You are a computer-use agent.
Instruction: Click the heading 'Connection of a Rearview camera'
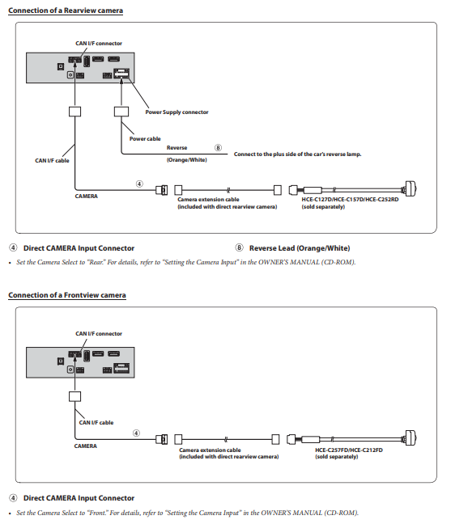click(66, 11)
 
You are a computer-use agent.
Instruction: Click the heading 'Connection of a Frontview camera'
click(67, 295)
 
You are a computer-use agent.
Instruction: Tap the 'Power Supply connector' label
click(177, 112)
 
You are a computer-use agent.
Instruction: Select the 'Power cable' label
click(145, 139)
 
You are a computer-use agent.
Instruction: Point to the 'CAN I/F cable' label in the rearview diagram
click(52, 161)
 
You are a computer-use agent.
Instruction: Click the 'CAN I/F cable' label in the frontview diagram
click(96, 423)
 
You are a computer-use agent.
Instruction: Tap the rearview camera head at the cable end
click(411, 190)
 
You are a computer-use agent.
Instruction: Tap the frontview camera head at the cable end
click(411, 438)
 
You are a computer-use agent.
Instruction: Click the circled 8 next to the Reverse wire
click(218, 148)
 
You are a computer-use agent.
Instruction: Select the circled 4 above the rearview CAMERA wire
click(139, 184)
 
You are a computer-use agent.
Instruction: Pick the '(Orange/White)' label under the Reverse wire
click(187, 160)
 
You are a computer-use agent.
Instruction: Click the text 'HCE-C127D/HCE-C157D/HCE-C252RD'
click(350, 200)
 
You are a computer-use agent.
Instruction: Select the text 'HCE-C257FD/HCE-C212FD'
click(349, 450)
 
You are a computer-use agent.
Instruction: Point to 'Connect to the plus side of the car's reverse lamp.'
click(297, 154)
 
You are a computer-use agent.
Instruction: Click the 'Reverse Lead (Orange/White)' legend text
click(300, 248)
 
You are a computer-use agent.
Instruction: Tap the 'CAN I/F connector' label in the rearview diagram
click(99, 44)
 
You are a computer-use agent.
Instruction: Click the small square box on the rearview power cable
click(121, 112)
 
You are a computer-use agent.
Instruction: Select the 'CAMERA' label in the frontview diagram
click(85, 446)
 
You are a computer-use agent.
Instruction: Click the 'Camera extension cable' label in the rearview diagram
click(208, 200)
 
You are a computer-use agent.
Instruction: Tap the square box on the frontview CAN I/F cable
click(74, 397)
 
